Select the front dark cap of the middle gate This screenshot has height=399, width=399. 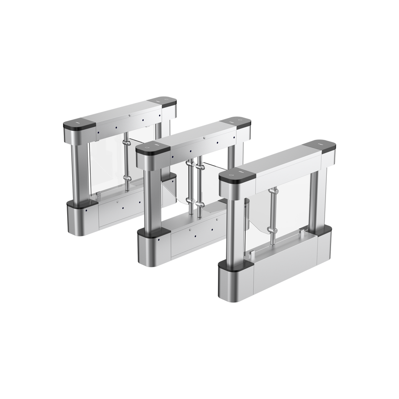(153, 147)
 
